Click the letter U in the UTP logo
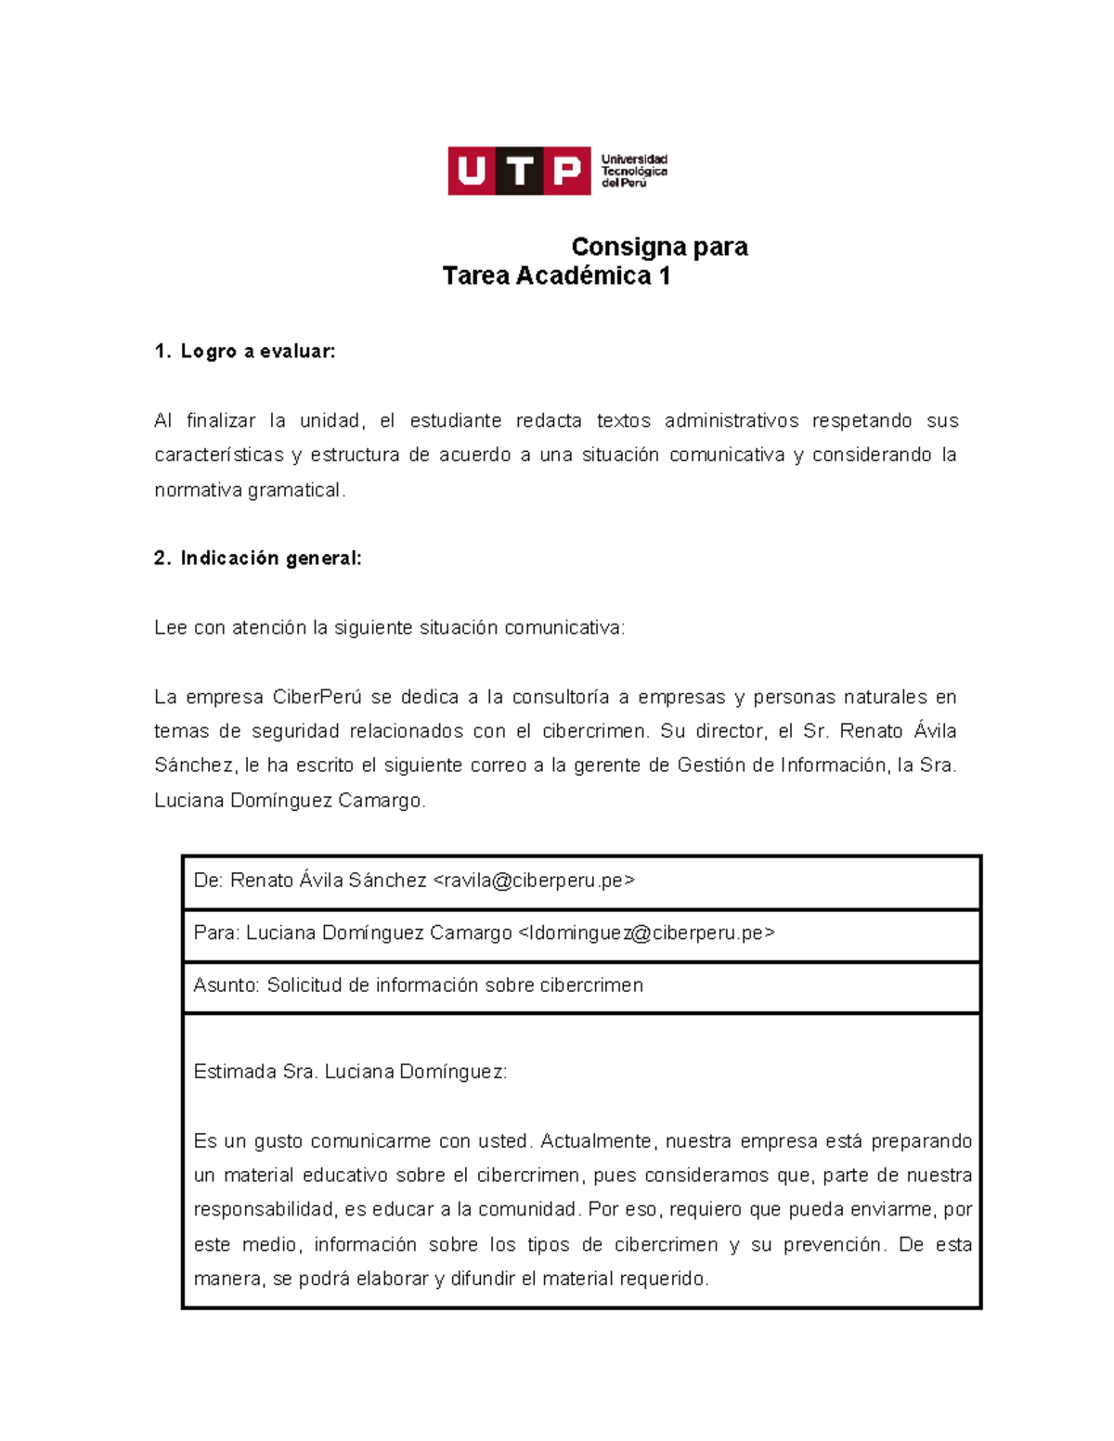click(x=472, y=171)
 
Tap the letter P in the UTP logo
click(x=566, y=171)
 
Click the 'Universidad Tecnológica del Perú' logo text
click(x=634, y=171)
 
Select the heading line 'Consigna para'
click(x=659, y=247)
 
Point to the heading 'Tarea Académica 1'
click(x=556, y=276)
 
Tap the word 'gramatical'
click(x=295, y=490)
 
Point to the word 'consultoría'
click(x=561, y=697)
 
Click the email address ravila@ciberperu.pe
click(x=535, y=880)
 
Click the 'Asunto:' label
click(x=227, y=984)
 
